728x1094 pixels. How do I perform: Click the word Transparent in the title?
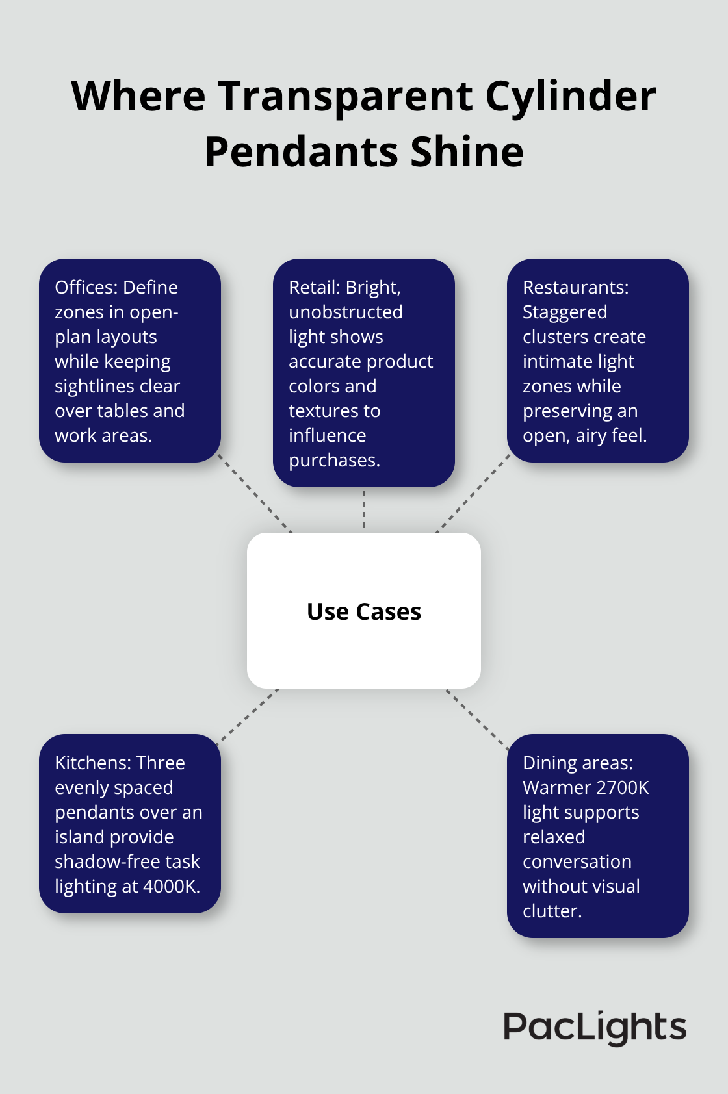tap(345, 96)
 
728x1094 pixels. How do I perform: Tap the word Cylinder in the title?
tap(571, 96)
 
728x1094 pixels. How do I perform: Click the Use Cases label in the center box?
tap(364, 611)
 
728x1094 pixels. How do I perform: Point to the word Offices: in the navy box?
tap(86, 287)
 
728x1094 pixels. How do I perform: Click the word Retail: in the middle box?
tap(315, 287)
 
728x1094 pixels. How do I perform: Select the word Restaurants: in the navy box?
tap(575, 287)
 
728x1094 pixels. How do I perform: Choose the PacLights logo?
tap(595, 1028)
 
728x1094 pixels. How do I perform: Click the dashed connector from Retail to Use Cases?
tap(364, 509)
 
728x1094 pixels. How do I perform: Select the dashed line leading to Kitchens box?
tap(249, 714)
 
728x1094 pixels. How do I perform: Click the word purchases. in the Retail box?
tap(334, 460)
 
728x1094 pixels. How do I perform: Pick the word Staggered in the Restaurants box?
tap(565, 312)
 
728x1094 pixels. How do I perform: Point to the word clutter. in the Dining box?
tap(552, 911)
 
